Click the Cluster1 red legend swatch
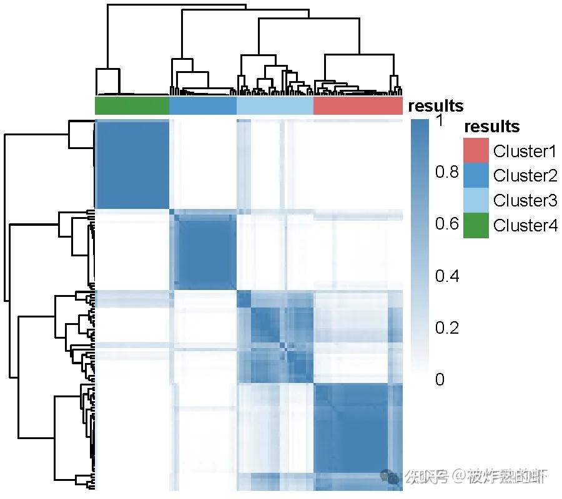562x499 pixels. point(476,151)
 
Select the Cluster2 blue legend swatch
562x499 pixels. point(476,176)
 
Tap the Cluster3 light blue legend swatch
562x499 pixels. point(476,201)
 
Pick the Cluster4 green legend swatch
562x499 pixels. point(476,226)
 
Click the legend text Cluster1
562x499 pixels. point(525,151)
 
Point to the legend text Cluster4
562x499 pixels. point(525,226)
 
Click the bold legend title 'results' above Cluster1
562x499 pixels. point(492,127)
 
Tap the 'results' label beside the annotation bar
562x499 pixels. point(436,106)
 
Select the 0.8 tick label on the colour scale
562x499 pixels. point(447,172)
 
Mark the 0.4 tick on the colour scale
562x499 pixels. point(447,276)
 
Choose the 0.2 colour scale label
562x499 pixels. point(447,327)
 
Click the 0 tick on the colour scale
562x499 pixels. point(440,379)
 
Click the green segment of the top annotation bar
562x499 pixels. point(132,106)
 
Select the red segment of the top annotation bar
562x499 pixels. point(358,106)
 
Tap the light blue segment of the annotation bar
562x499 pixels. point(275,106)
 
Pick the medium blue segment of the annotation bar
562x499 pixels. point(203,106)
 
